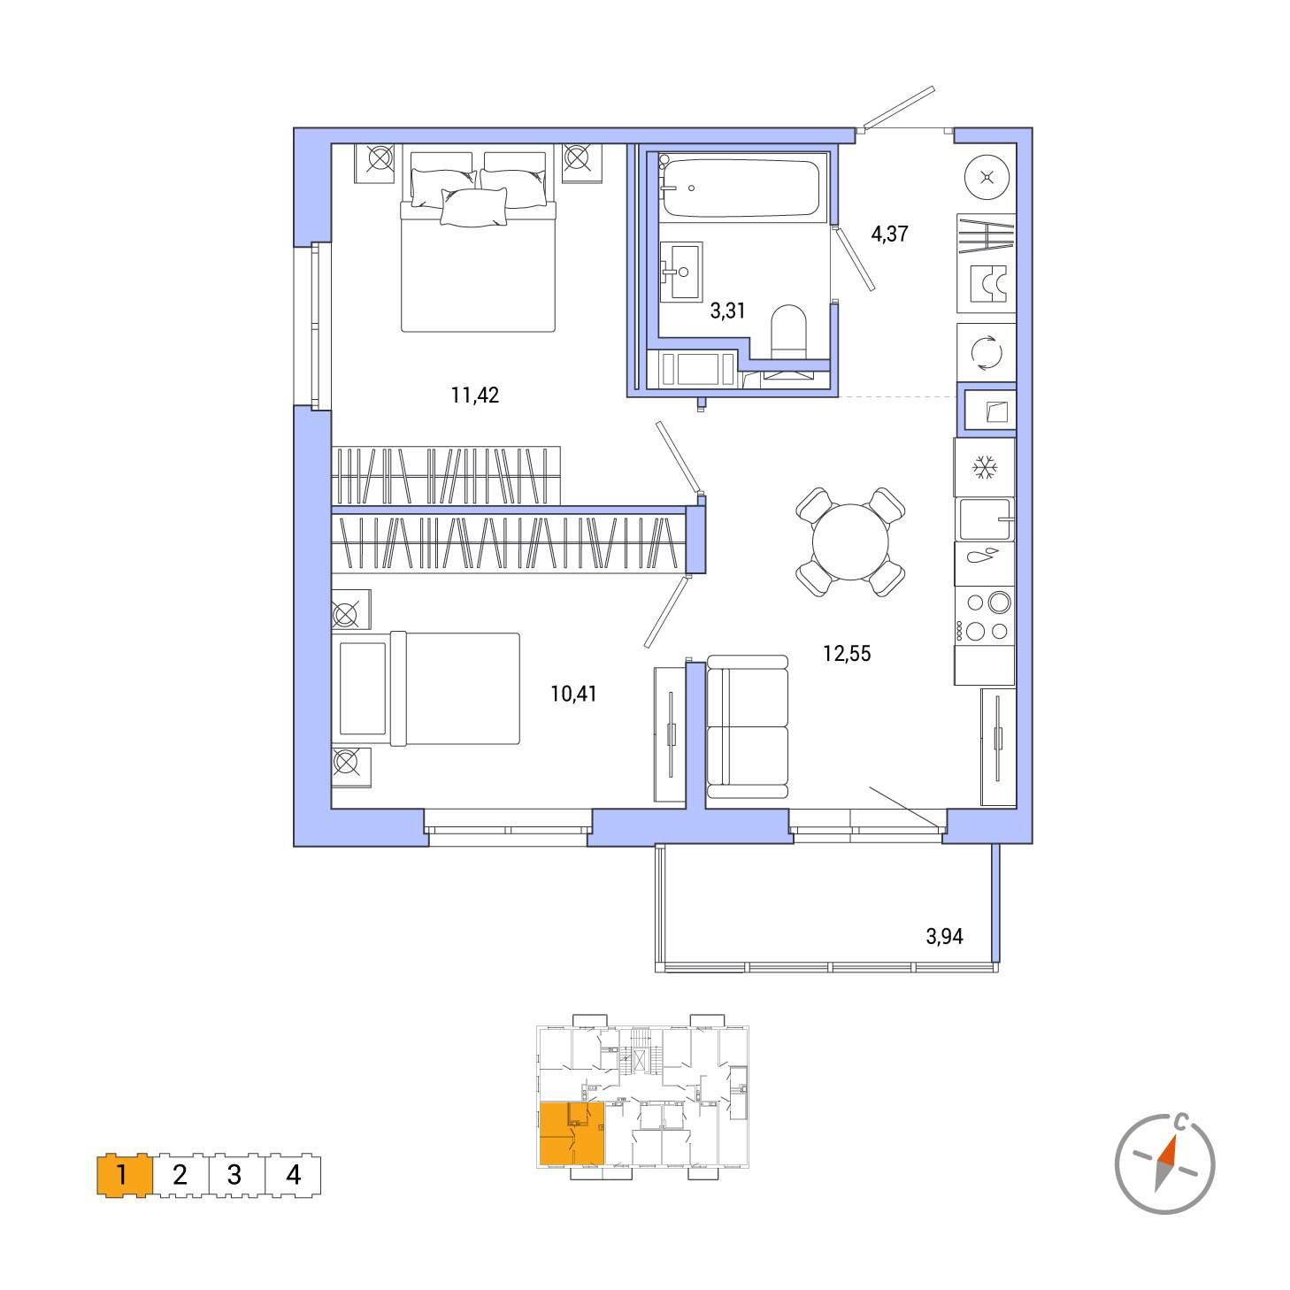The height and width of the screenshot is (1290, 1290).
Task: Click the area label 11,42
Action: coord(474,395)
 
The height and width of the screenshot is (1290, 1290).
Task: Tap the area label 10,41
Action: coord(573,694)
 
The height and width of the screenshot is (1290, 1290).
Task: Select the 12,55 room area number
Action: coord(847,653)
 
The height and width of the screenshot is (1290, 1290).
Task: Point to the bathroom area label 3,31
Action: coord(727,311)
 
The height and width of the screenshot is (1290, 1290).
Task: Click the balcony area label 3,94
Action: coord(945,936)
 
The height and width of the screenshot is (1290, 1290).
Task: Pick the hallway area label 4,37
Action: coord(890,234)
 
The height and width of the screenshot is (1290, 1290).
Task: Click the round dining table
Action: coord(850,541)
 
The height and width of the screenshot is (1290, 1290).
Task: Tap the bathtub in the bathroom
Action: coord(741,187)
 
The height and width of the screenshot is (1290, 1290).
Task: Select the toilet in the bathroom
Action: coord(789,332)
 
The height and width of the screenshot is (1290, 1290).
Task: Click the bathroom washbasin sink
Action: coord(680,272)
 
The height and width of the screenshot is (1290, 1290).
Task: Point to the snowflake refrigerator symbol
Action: coord(985,467)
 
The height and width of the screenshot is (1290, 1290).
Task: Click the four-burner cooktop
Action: coord(984,618)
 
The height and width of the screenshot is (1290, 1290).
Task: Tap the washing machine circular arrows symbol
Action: coord(987,353)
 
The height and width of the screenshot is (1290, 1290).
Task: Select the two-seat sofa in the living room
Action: coord(747,727)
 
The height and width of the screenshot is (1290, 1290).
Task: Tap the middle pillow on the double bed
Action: coord(473,207)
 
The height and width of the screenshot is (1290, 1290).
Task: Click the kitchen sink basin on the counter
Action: coord(984,518)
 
